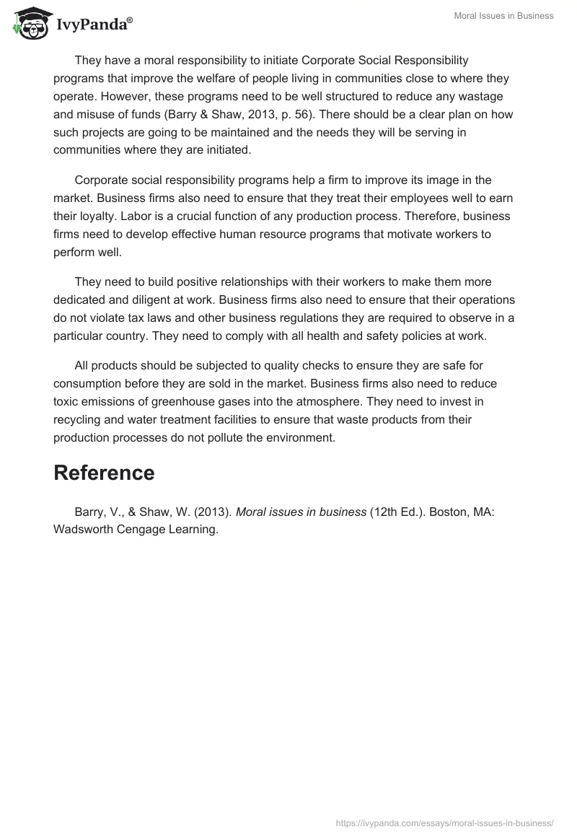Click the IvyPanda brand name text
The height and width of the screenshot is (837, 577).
[93, 24]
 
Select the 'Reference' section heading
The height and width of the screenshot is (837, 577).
[104, 473]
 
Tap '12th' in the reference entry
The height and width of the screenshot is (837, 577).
[387, 512]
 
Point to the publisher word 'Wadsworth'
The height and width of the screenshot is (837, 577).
[84, 529]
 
